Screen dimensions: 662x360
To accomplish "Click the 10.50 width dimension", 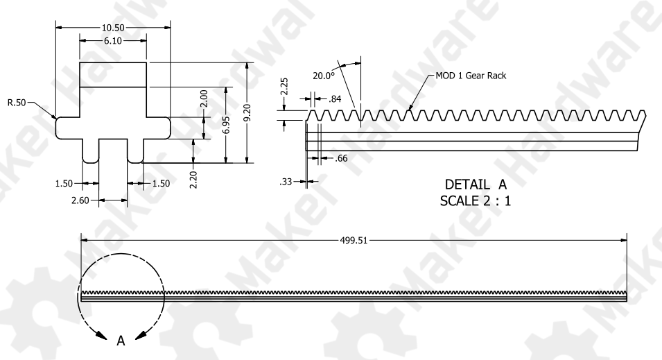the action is [113, 28].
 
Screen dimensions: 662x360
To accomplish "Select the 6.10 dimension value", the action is [113, 41].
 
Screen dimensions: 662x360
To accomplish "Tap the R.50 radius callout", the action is [17, 103].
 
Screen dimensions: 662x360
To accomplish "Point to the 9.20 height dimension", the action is [247, 112].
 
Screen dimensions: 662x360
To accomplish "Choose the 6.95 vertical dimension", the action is [226, 125].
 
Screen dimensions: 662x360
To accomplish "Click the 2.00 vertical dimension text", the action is [204, 98].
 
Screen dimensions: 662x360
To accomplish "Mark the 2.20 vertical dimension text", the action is [193, 180].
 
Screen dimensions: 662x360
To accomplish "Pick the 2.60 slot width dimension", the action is [80, 200].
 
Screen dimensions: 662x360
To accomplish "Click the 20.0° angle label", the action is [324, 76].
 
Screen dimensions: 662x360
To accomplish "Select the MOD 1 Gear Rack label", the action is [471, 76].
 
